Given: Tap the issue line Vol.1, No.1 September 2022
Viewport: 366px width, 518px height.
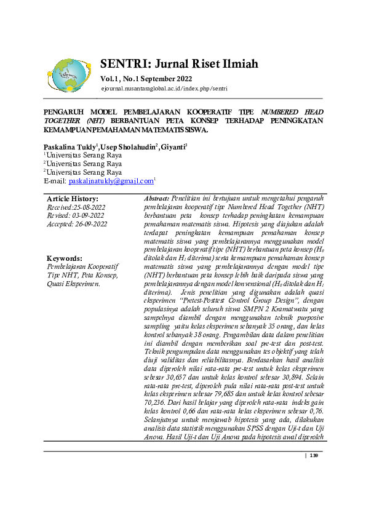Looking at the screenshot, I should pyautogui.click(x=146, y=79).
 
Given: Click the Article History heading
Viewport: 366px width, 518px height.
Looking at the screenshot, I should pyautogui.click(x=73, y=199).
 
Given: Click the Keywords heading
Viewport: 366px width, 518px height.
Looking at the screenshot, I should pyautogui.click(x=65, y=258).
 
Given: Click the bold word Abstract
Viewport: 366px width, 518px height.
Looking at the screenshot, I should pyautogui.click(x=156, y=199).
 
